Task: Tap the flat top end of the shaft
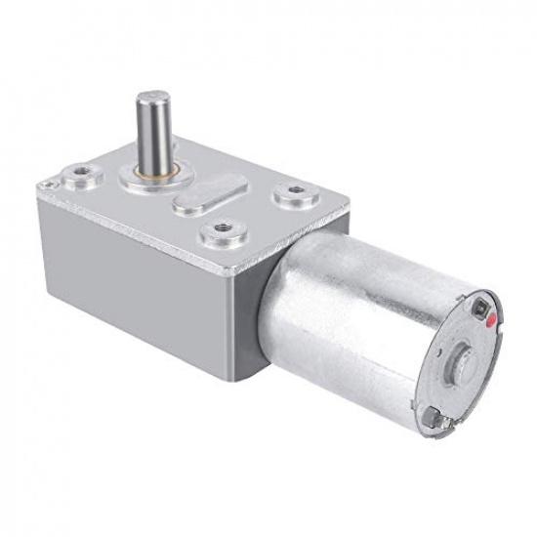pyautogui.click(x=151, y=99)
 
